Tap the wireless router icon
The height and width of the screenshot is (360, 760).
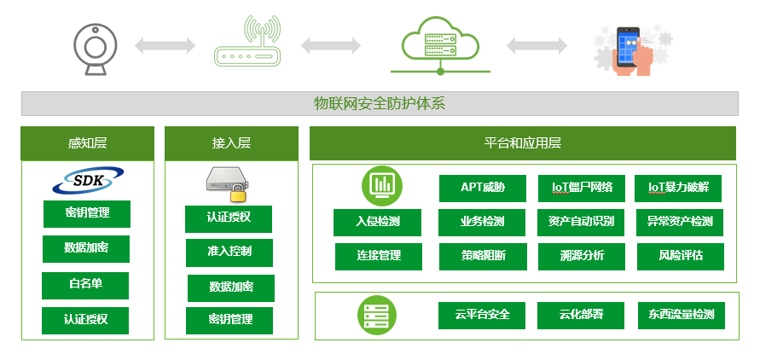(x=247, y=44)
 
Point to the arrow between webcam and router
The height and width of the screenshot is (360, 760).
(x=165, y=45)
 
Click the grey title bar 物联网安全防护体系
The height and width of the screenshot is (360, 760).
(x=380, y=104)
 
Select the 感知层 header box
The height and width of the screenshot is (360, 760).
(x=87, y=143)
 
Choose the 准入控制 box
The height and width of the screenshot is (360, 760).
(x=229, y=253)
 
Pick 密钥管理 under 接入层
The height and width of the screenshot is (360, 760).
(x=230, y=320)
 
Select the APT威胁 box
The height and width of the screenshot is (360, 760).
(x=482, y=188)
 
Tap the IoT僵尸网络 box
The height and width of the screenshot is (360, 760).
(x=581, y=188)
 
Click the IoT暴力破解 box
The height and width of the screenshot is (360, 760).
(x=679, y=188)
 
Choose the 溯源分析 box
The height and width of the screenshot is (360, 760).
(x=581, y=256)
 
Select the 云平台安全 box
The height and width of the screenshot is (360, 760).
(x=482, y=315)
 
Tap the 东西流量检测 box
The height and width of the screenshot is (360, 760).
(x=680, y=315)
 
